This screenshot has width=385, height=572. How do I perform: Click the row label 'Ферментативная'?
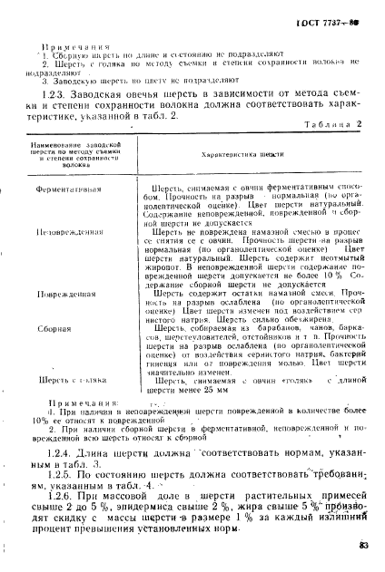(x=69, y=191)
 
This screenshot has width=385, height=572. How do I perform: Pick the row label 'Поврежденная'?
(x=68, y=296)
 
